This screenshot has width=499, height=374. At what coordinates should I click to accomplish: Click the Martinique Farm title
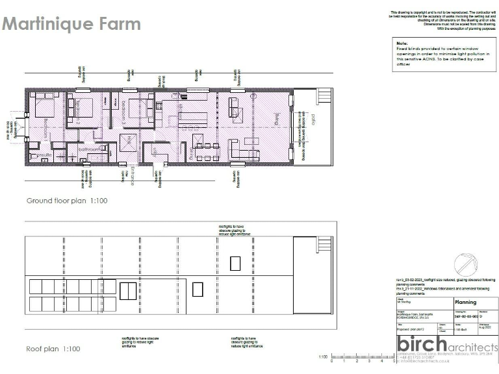(x=71, y=24)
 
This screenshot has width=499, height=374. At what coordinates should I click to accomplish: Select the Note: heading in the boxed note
(x=402, y=42)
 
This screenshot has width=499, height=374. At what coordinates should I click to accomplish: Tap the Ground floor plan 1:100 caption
(x=66, y=201)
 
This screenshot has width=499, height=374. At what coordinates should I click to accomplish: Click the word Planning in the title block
(x=465, y=302)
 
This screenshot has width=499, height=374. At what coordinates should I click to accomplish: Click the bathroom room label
(x=89, y=149)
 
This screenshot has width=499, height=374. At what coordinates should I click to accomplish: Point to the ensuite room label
(x=44, y=156)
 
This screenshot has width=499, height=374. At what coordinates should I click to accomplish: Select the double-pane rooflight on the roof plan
(x=128, y=291)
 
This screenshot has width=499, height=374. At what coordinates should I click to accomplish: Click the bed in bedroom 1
(x=44, y=105)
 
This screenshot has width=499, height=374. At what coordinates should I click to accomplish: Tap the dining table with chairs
(x=207, y=153)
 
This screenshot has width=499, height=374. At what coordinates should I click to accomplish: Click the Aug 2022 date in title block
(x=485, y=329)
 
